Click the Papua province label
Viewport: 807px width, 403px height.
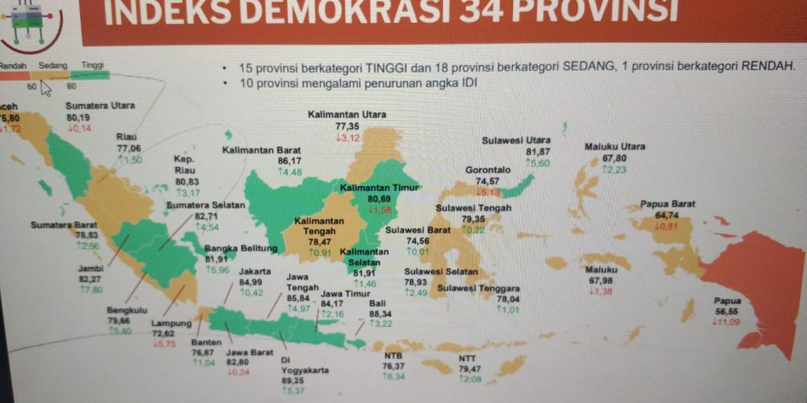pyautogui.click(x=727, y=300)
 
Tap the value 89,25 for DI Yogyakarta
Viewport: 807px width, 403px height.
pyautogui.click(x=292, y=380)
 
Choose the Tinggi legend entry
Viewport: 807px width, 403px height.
pyautogui.click(x=92, y=66)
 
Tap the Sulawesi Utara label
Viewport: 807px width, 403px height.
pyautogui.click(x=516, y=141)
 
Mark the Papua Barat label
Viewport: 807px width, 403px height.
pyautogui.click(x=668, y=204)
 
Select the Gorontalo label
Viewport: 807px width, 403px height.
pyautogui.click(x=488, y=170)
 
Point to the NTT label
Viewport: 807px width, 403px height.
pyautogui.click(x=467, y=358)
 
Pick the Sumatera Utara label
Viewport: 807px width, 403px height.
pyautogui.click(x=100, y=106)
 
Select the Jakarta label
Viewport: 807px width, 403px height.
pyautogui.click(x=254, y=271)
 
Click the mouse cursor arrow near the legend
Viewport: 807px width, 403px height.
pyautogui.click(x=46, y=88)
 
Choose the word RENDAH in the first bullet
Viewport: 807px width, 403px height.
pyautogui.click(x=767, y=67)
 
